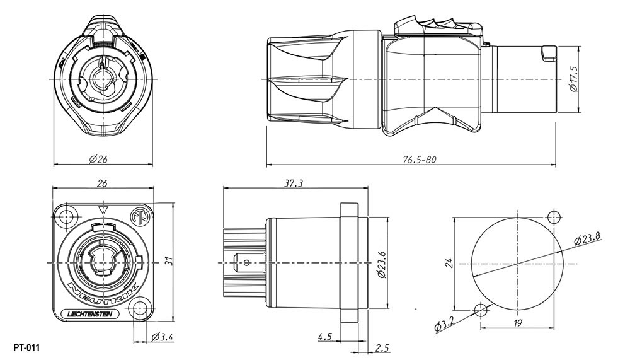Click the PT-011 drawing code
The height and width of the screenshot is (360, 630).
click(26, 347)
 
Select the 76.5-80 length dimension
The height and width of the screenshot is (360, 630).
click(420, 160)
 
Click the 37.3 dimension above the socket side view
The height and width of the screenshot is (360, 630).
click(293, 183)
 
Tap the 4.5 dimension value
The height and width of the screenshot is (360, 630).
click(325, 337)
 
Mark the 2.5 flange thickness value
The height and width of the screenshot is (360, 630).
click(382, 347)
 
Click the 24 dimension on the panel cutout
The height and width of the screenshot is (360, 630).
click(449, 262)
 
